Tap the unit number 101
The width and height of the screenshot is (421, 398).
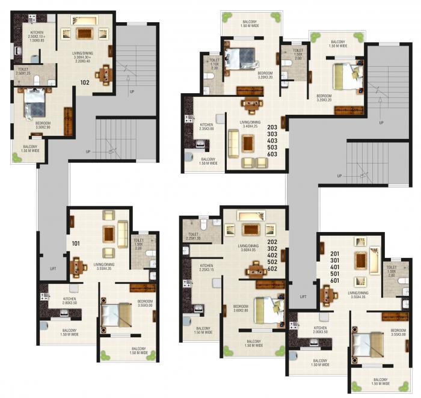pos(76,243)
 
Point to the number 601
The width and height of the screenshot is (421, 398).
pos(336,281)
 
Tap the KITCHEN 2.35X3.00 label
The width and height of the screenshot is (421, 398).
pos(206,127)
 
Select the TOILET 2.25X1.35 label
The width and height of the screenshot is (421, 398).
pos(193,236)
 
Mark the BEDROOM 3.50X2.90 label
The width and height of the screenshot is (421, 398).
pos(38,125)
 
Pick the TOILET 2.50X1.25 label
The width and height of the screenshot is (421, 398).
pos(25,71)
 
